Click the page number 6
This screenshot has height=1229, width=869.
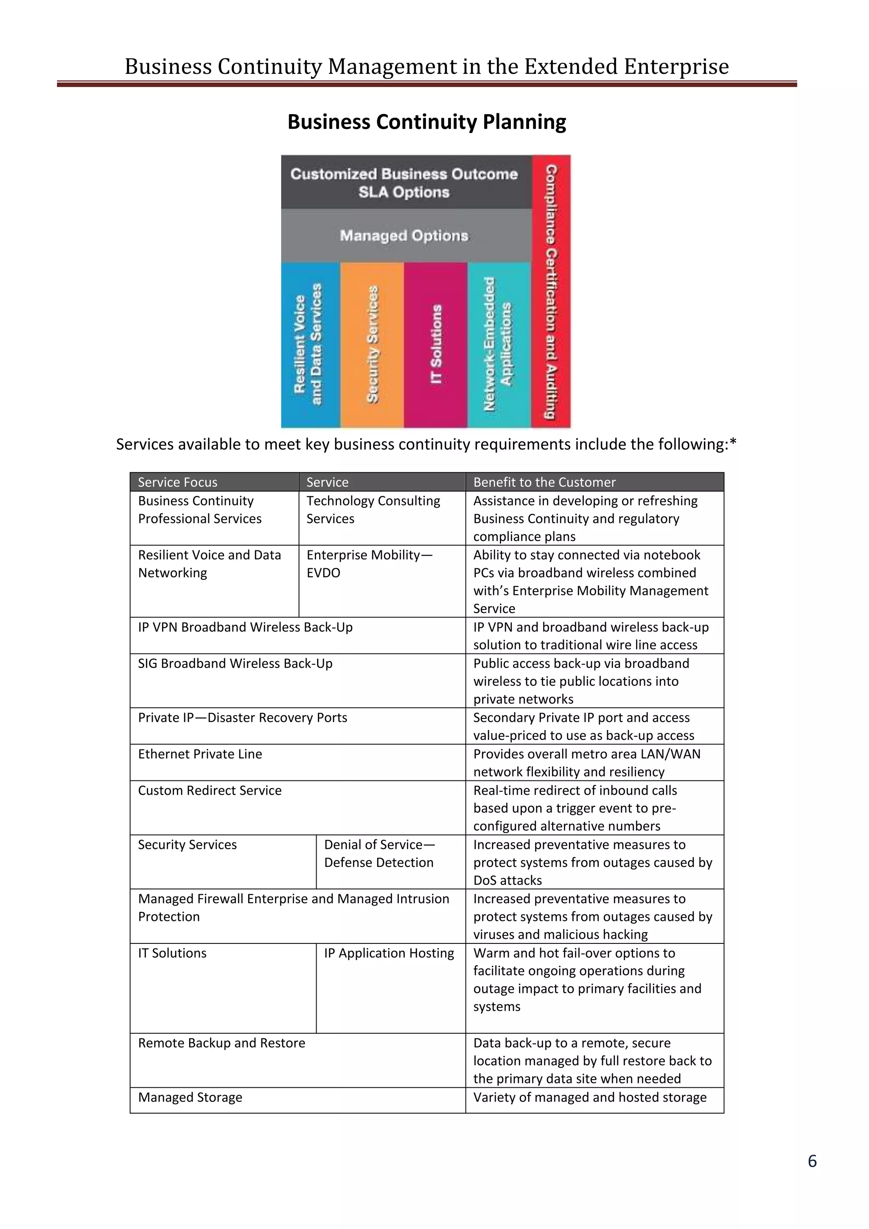(812, 1161)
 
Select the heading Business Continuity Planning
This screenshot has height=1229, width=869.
(426, 122)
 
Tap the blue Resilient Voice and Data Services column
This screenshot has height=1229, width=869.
(310, 345)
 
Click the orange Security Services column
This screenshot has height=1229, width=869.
(372, 345)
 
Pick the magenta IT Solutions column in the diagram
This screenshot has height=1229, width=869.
(436, 345)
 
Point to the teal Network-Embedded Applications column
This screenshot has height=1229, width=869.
(499, 345)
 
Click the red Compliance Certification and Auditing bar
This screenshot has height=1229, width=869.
(551, 292)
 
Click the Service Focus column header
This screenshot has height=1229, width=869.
(178, 482)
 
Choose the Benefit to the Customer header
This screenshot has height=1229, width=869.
(544, 482)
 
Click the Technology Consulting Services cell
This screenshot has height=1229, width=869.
(373, 510)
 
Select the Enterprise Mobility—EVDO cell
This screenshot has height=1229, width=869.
(369, 564)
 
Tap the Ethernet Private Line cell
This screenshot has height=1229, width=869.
(200, 754)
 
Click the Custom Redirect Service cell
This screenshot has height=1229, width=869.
(210, 791)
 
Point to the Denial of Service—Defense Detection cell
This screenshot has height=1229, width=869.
(379, 853)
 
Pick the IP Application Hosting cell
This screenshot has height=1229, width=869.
(389, 953)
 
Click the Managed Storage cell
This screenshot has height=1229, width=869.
(190, 1097)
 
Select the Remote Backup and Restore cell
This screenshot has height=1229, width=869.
(221, 1043)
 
